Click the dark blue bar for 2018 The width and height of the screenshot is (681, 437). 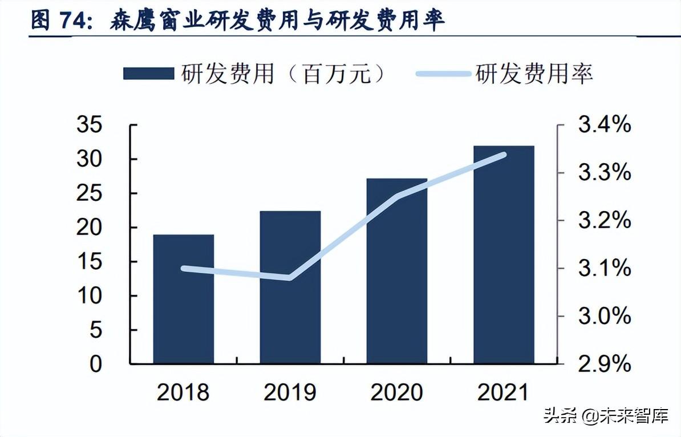click(183, 299)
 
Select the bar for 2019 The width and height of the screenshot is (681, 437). click(290, 288)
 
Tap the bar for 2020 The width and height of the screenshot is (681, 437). click(396, 271)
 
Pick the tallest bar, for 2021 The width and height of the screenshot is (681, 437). click(504, 254)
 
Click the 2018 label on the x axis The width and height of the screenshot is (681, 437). click(183, 393)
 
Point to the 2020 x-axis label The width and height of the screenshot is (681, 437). click(396, 393)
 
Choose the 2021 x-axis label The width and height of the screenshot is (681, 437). click(504, 393)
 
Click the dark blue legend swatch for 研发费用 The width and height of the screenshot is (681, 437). click(148, 74)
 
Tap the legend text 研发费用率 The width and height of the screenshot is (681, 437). click(534, 74)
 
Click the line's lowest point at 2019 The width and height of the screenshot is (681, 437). click(290, 278)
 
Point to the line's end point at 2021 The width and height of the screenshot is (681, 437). click(504, 154)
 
